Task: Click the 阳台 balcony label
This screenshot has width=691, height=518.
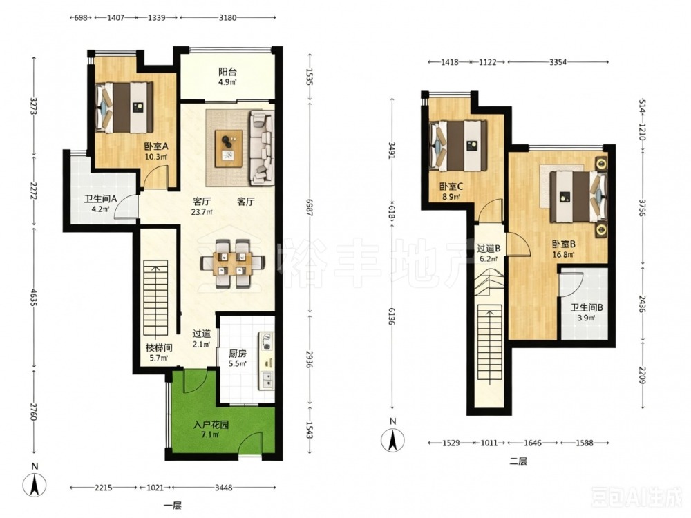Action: (227, 72)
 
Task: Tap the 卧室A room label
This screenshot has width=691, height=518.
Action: (156, 146)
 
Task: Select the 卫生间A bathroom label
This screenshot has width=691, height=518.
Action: (100, 199)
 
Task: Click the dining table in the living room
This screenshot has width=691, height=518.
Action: (231, 263)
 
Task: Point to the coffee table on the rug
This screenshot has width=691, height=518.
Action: (229, 148)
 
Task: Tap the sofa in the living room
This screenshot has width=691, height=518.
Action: (262, 148)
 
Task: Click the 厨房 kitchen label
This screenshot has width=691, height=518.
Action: (238, 354)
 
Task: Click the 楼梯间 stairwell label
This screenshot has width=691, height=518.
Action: (159, 348)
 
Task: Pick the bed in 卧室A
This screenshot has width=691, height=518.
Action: (124, 108)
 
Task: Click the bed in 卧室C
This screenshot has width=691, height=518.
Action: (458, 146)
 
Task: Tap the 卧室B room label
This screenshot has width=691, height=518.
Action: (564, 244)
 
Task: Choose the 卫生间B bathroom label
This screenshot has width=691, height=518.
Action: (587, 308)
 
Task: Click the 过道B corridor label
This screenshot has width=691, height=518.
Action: (489, 249)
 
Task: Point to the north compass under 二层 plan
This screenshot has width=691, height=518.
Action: (392, 439)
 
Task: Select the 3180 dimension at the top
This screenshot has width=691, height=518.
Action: (228, 18)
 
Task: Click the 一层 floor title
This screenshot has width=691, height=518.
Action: (172, 506)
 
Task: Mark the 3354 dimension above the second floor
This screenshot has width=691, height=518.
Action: (558, 62)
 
